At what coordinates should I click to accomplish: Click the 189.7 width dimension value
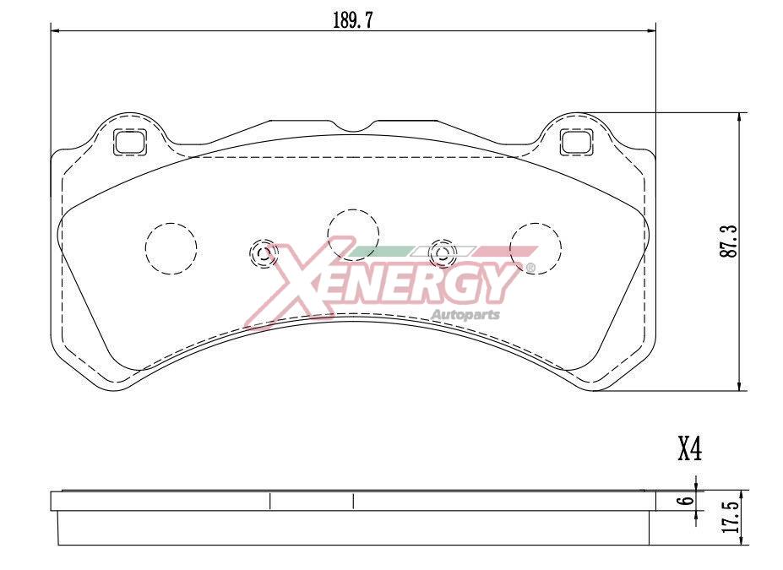[x=352, y=21]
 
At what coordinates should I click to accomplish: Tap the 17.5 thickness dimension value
[x=731, y=516]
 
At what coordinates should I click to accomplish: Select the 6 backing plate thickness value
[x=688, y=500]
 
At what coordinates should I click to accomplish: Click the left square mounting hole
[x=129, y=141]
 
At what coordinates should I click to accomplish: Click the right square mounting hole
[x=576, y=141]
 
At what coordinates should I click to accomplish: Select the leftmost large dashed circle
[x=171, y=248]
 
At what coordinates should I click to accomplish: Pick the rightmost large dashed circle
[x=536, y=248]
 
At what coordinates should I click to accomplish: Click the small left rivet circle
[x=263, y=252]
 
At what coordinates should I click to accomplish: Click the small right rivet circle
[x=442, y=252]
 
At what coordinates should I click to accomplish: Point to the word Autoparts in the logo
[x=465, y=315]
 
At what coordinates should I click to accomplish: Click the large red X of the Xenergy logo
[x=291, y=283]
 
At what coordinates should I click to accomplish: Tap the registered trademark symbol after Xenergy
[x=530, y=269]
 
